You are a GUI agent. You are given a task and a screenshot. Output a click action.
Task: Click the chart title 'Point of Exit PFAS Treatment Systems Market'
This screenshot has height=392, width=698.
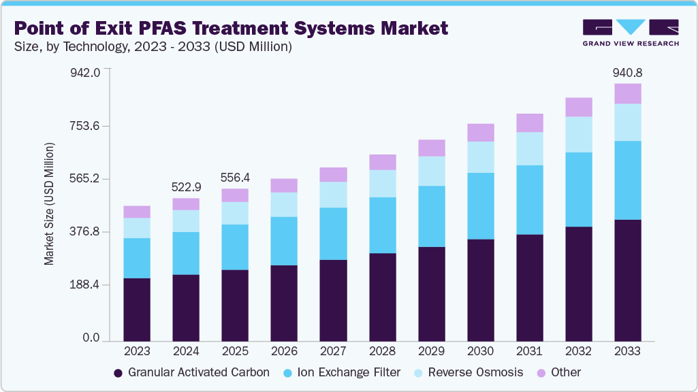click(231, 28)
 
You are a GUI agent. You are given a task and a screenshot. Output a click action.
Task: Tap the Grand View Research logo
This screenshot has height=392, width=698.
click(631, 33)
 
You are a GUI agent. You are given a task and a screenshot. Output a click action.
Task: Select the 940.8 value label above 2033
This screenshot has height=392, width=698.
click(627, 72)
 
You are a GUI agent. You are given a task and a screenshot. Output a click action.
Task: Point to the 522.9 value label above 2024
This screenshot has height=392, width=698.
click(186, 187)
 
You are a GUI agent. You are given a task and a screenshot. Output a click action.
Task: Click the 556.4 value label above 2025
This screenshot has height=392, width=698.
click(235, 178)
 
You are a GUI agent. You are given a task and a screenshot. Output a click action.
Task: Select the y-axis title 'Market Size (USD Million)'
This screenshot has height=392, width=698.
click(49, 204)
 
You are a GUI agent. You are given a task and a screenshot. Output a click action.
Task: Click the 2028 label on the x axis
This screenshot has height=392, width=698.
click(382, 350)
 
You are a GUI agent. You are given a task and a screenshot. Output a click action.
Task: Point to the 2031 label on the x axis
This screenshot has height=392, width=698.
click(529, 350)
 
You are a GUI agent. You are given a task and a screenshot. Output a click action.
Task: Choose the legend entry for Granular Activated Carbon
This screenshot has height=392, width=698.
click(191, 372)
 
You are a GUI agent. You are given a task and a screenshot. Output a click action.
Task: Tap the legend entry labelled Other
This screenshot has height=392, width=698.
click(559, 372)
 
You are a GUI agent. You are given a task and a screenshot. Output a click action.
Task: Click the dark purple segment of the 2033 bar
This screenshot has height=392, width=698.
click(627, 280)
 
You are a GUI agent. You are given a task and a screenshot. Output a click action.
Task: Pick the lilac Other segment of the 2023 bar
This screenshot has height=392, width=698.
click(137, 212)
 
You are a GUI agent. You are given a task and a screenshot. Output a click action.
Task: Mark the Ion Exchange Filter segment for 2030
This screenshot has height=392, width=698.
click(480, 206)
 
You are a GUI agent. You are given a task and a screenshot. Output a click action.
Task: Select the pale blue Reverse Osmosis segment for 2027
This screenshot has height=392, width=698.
click(333, 195)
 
